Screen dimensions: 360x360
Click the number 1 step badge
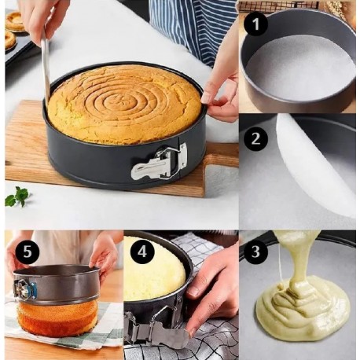pyautogui.click(x=255, y=24)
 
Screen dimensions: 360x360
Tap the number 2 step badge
pyautogui.click(x=255, y=138)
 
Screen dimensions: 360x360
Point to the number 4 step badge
pyautogui.click(x=142, y=252)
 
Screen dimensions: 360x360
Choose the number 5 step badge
pyautogui.click(x=28, y=252)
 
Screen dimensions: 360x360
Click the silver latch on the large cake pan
pyautogui.click(x=160, y=161)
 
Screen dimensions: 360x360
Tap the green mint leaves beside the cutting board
pyautogui.click(x=17, y=197)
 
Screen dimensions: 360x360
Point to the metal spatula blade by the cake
pyautogui.click(x=46, y=71)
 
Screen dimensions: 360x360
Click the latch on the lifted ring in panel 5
pyautogui.click(x=24, y=289)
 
